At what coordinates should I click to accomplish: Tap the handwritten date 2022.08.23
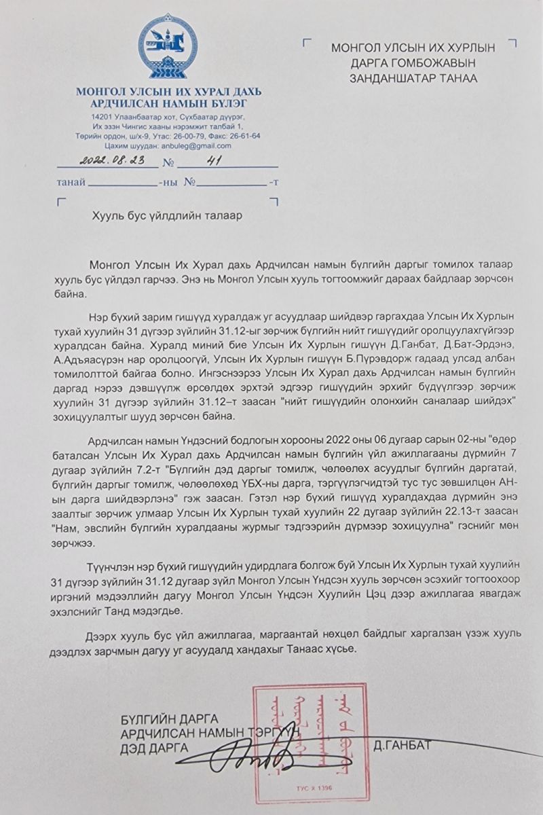coord(108,163)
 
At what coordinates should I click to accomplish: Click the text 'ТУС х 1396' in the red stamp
coord(309,790)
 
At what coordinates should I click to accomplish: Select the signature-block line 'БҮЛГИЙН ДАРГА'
coord(169,719)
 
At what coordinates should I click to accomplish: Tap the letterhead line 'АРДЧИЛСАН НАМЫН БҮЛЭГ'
coord(168,103)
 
